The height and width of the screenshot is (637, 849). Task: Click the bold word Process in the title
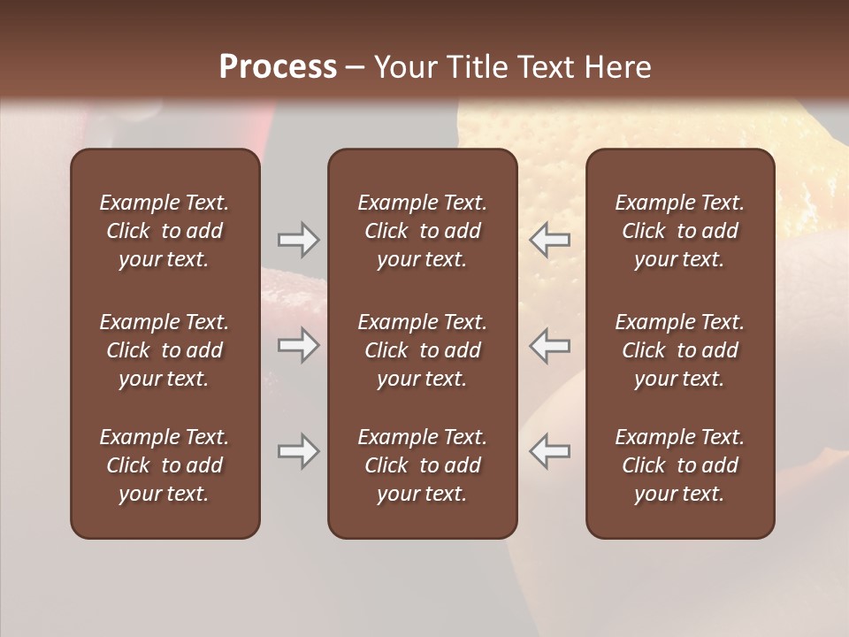tap(278, 66)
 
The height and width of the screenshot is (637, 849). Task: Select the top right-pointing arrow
tap(299, 239)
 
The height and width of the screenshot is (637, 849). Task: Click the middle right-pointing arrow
tap(299, 345)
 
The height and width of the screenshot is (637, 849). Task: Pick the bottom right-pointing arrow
tap(299, 451)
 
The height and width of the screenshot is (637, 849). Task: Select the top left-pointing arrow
tap(549, 239)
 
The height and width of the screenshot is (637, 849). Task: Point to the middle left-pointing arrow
tap(549, 345)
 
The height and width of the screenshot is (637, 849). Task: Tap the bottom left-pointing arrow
tap(549, 451)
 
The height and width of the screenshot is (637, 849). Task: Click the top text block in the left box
tap(164, 231)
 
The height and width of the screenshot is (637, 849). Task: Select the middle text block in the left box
tap(164, 350)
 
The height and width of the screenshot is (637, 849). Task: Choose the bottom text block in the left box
tap(164, 465)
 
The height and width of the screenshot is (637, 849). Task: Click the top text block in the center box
tap(422, 231)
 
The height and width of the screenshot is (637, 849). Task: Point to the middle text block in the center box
tap(422, 350)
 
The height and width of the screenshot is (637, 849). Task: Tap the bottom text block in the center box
tap(422, 465)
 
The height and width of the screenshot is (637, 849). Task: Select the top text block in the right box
tap(680, 231)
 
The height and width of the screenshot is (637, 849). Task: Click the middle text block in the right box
tap(680, 350)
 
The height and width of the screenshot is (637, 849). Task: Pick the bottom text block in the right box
tap(680, 465)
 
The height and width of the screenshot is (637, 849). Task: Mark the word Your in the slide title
tap(405, 66)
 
